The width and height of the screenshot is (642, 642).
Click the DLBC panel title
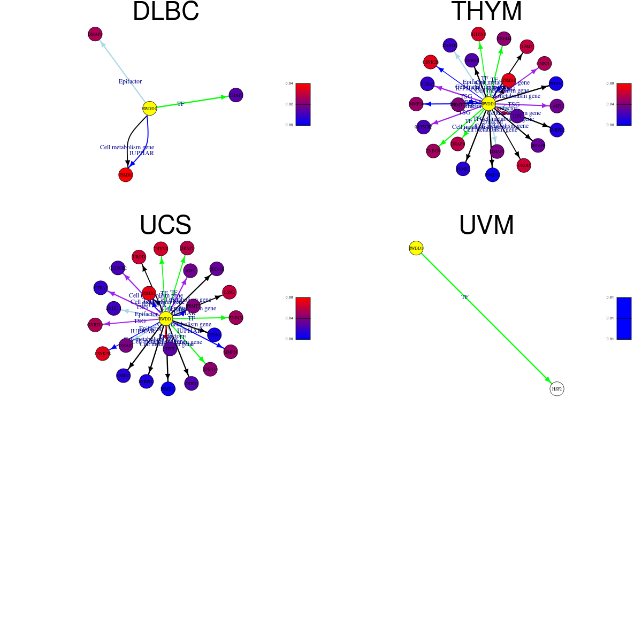click(x=165, y=12)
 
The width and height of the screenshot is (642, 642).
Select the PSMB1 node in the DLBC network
click(x=125, y=175)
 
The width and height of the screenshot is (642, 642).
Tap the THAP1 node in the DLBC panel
click(x=236, y=95)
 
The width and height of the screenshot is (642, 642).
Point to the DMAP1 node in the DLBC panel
click(x=95, y=34)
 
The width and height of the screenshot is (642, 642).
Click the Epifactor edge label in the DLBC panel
click(x=130, y=81)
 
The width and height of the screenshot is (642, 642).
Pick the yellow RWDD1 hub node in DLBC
click(x=150, y=109)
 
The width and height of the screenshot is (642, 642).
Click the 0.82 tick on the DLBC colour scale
click(x=289, y=104)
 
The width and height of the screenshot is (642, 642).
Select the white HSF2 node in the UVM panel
click(x=557, y=389)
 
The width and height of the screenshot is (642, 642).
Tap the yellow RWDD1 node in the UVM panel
click(x=416, y=248)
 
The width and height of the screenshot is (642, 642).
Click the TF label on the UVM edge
click(x=465, y=297)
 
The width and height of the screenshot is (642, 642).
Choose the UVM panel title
click(x=486, y=225)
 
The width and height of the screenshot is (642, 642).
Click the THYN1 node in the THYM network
click(x=478, y=34)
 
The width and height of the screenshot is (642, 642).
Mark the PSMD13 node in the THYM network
click(x=492, y=174)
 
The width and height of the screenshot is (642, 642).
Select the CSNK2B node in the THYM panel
click(x=431, y=62)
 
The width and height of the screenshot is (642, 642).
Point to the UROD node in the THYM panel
click(x=524, y=165)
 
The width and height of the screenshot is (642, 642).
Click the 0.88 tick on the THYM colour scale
click(x=610, y=83)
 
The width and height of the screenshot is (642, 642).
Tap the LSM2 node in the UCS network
click(x=230, y=292)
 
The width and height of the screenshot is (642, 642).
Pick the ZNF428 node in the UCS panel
click(x=236, y=318)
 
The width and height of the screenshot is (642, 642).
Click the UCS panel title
click(x=165, y=225)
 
